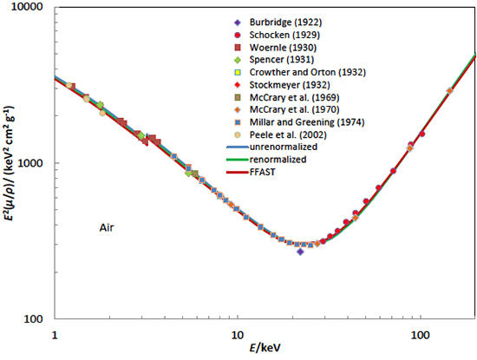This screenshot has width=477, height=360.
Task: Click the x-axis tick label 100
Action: (x=421, y=334)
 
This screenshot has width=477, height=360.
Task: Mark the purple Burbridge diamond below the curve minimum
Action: (x=300, y=251)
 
